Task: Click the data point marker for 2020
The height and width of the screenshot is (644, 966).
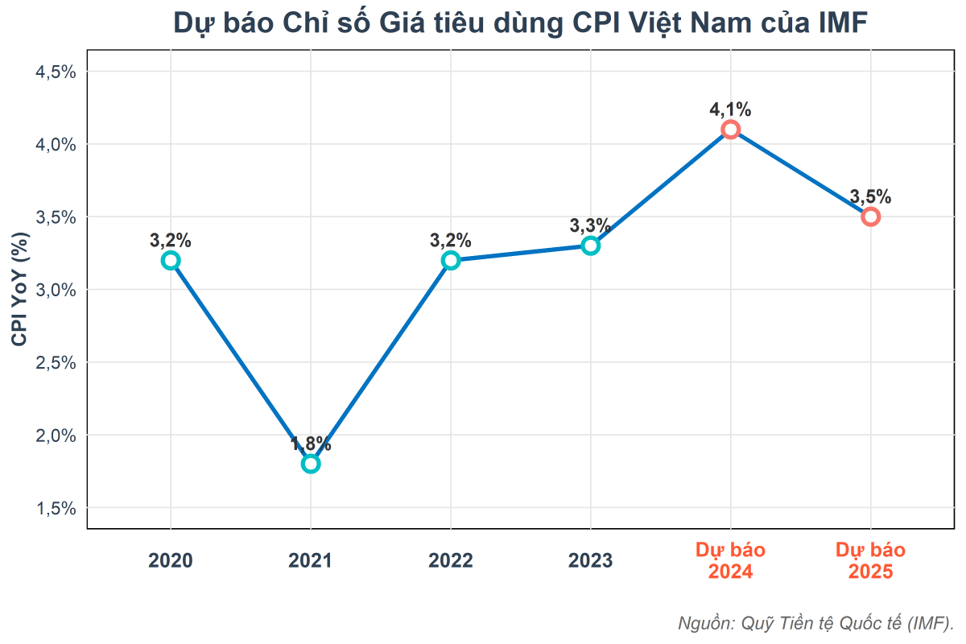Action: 170,260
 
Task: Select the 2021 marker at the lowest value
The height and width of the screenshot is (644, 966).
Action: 311,464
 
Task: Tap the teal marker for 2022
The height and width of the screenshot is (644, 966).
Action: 451,260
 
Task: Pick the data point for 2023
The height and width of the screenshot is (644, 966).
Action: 590,246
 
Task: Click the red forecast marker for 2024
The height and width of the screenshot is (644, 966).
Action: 730,130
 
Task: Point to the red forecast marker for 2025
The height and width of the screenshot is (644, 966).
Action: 870,217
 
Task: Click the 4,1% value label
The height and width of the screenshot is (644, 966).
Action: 730,109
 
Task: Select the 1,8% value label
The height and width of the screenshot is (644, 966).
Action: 311,444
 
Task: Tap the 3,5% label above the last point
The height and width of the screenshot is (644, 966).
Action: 870,196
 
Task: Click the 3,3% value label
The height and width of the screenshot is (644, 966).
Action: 590,225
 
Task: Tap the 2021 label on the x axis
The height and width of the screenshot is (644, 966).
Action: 311,561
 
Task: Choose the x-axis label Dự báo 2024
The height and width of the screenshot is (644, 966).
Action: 730,561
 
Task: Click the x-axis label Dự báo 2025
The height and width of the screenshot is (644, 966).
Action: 870,561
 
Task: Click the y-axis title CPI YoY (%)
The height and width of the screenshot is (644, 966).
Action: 20,290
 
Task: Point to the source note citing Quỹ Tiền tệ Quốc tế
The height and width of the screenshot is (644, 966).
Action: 815,622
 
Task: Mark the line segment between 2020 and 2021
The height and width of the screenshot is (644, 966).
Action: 240,361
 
